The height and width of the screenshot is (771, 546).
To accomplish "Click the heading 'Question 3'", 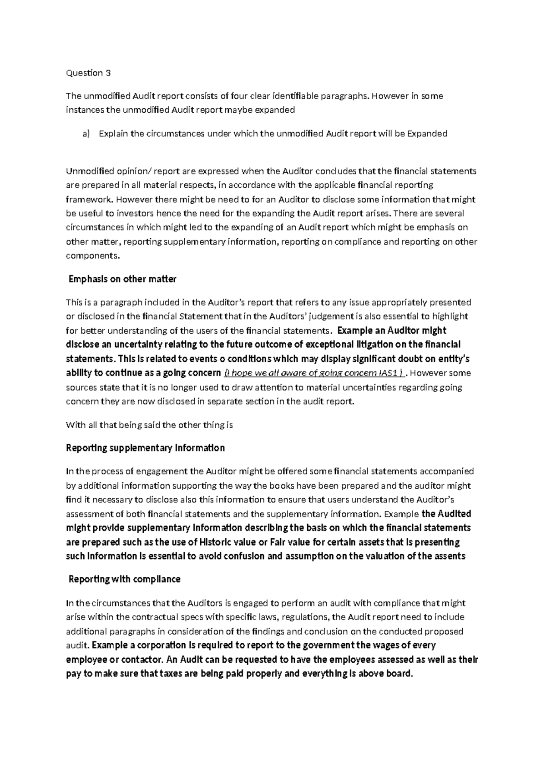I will (x=88, y=73).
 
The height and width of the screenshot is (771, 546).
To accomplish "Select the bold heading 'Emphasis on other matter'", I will (x=122, y=280).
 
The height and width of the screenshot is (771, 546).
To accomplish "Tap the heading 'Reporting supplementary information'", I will (x=145, y=448).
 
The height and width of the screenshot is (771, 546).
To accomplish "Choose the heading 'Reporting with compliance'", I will (x=124, y=579).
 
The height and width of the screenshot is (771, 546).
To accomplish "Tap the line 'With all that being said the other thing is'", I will (x=149, y=426).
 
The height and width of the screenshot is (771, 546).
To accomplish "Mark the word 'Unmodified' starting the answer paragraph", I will (x=88, y=171).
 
